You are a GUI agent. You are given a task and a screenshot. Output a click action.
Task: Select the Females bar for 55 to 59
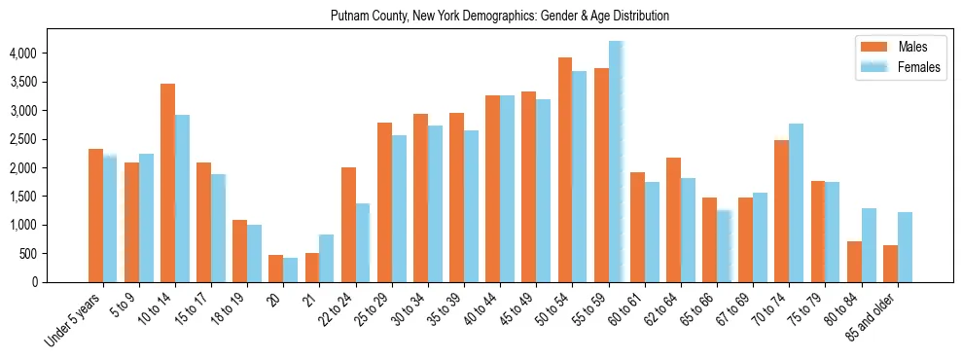[616, 162]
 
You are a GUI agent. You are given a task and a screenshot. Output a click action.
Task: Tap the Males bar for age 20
[275, 269]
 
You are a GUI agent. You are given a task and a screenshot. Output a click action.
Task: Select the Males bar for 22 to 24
[348, 225]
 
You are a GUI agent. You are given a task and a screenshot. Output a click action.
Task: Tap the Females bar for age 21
[327, 258]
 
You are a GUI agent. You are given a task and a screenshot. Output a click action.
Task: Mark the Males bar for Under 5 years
[95, 215]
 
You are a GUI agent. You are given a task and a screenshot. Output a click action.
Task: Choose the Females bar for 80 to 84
[869, 245]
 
